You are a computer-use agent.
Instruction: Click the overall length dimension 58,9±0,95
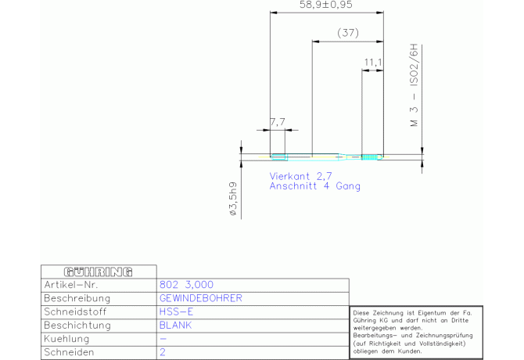325,5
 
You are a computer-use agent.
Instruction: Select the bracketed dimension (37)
348,33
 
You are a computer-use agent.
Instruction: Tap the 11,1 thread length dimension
372,62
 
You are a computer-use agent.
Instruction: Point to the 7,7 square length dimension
278,122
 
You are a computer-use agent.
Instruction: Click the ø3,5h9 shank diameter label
233,199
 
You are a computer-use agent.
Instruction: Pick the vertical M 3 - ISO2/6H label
414,85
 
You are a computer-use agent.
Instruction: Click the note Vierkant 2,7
300,176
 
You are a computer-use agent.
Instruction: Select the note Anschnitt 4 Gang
315,185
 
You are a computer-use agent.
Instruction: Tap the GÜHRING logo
98,272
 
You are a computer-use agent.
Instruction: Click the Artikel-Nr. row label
71,285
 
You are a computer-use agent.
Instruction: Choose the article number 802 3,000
186,285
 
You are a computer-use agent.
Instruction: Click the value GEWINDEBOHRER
200,298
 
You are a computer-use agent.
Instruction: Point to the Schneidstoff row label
75,311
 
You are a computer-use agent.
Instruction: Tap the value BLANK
175,325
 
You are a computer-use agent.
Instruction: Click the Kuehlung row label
66,339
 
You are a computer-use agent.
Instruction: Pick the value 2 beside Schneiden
163,352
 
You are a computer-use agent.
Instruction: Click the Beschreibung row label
77,298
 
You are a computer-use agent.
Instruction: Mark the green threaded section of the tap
368,157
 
